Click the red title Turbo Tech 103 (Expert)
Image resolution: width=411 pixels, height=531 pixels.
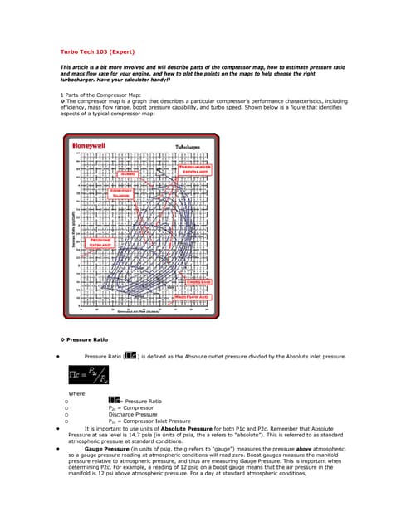click(x=96, y=51)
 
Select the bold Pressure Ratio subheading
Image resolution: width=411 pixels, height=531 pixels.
click(x=87, y=340)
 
